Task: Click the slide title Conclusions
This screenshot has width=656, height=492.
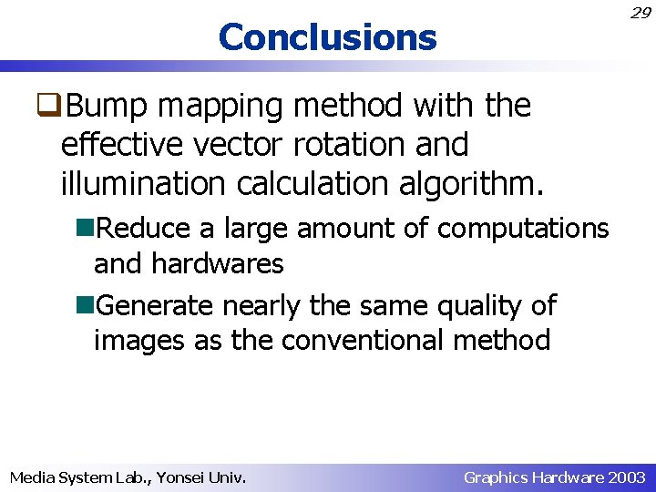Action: pyautogui.click(x=327, y=37)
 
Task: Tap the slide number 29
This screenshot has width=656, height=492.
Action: pyautogui.click(x=640, y=13)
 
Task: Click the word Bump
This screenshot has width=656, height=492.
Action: pyautogui.click(x=108, y=107)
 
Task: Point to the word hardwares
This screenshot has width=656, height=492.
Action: pyautogui.click(x=218, y=264)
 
